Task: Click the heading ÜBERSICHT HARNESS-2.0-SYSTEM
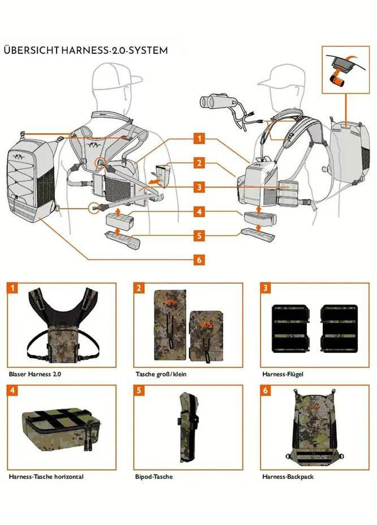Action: [85, 50]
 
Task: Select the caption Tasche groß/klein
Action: [161, 374]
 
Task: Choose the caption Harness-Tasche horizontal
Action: [46, 476]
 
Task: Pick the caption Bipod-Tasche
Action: [154, 476]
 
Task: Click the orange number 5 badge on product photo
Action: [138, 390]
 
